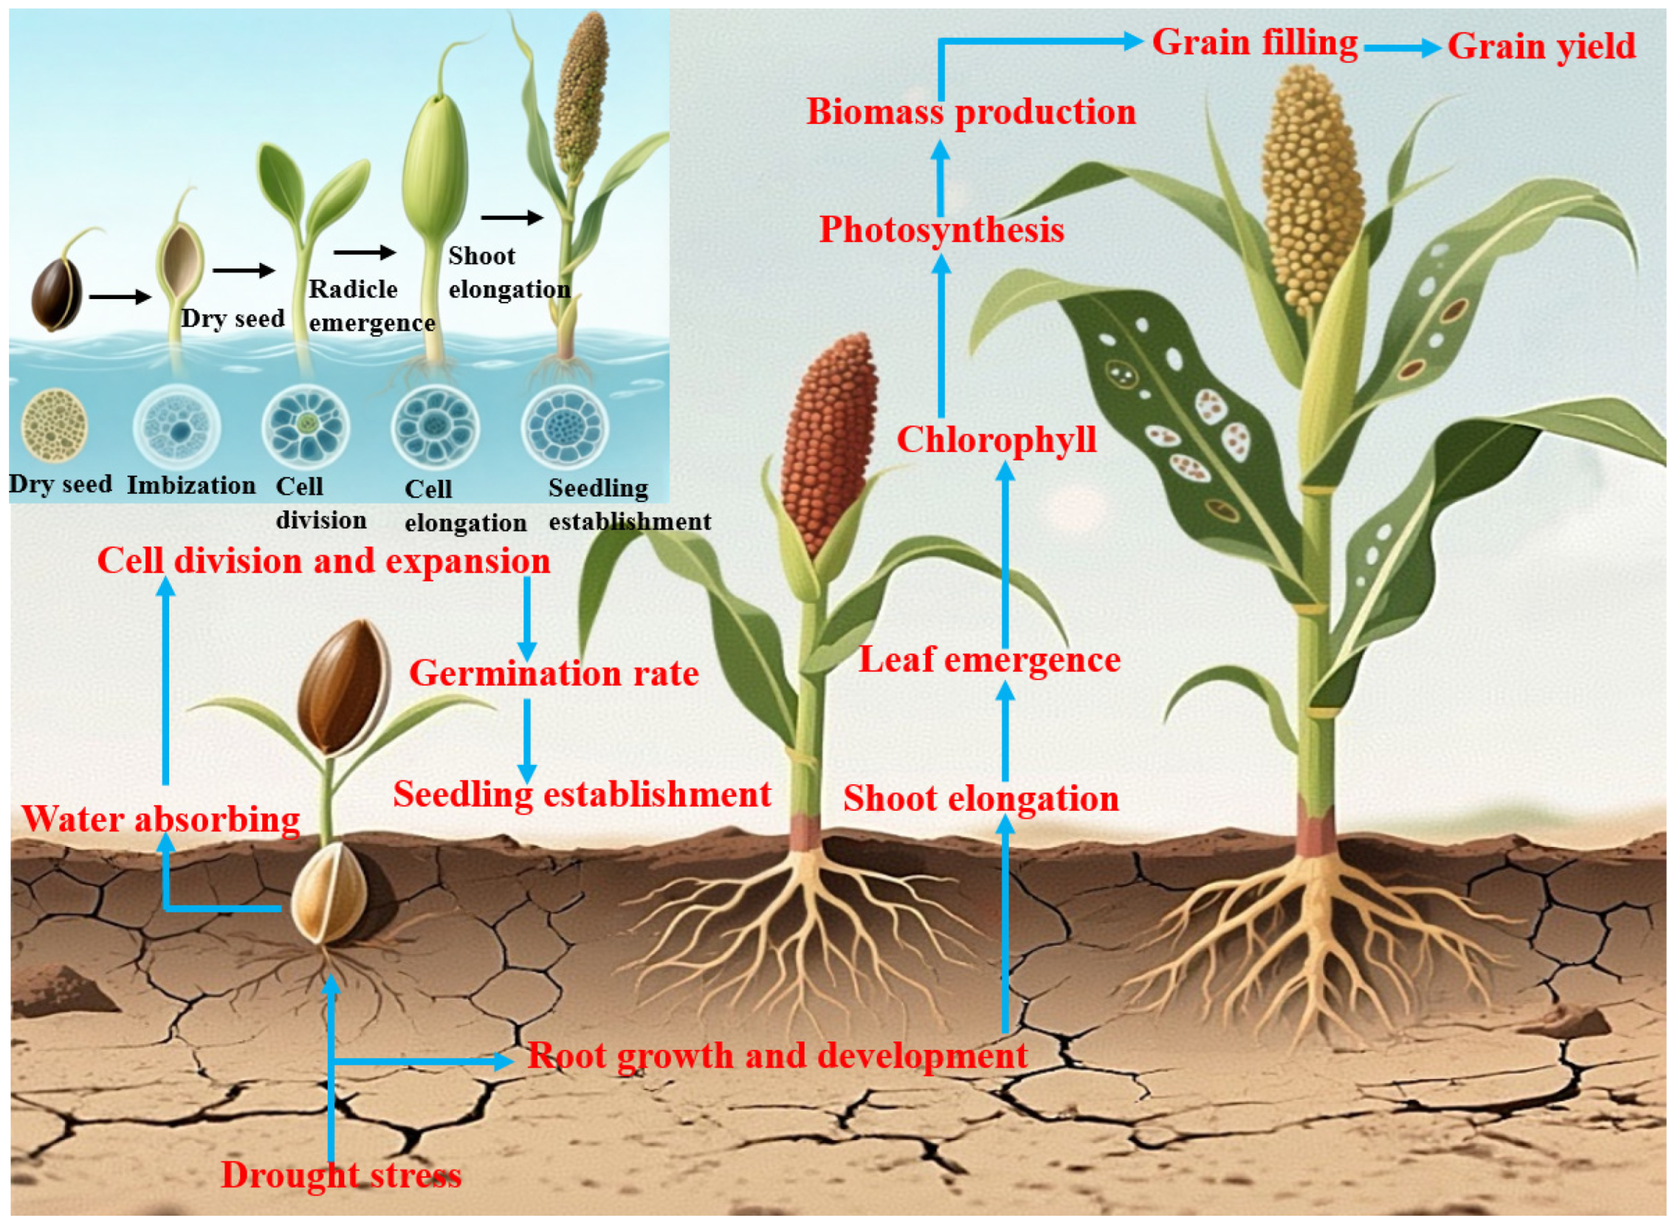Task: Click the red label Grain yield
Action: pos(1541,47)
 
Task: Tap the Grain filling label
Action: pos(1255,43)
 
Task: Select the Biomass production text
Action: pos(970,112)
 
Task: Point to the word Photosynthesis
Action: pos(941,230)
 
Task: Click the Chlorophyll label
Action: pos(996,440)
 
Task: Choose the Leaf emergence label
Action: pos(989,660)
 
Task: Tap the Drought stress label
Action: pos(341,1175)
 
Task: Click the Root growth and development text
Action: pos(776,1056)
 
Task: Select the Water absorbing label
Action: pos(161,819)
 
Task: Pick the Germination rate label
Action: pos(554,674)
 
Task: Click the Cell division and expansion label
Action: pos(324,561)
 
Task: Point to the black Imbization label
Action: pos(191,485)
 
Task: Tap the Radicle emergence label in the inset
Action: pos(370,305)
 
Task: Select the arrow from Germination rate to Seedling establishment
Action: pos(527,740)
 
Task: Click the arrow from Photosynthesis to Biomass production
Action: pos(940,178)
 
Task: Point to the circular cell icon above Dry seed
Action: pos(55,427)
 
